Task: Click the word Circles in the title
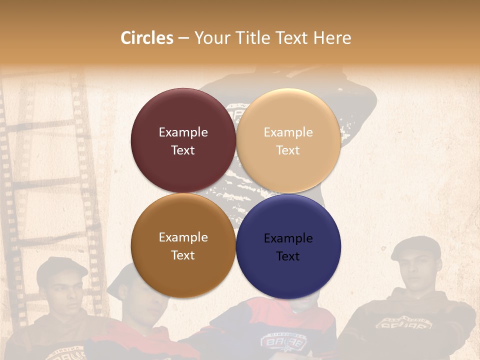[146, 38]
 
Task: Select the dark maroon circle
[183, 140]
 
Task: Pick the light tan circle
[288, 140]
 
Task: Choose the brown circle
[183, 245]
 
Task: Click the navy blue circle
[288, 246]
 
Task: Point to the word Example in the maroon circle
[183, 132]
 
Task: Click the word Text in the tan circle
[288, 150]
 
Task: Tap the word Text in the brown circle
[183, 255]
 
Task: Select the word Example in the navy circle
[288, 238]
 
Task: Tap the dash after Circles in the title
[183, 38]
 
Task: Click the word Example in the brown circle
[183, 237]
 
